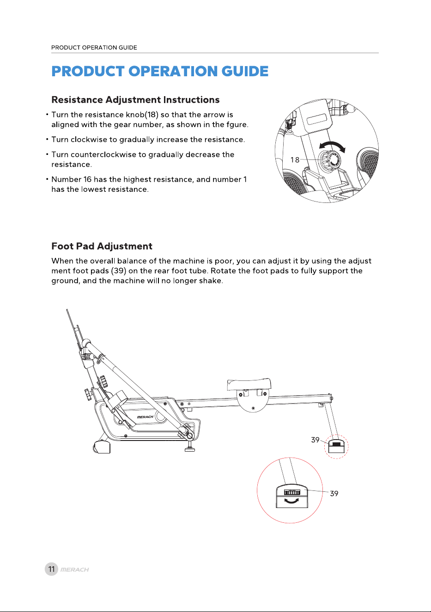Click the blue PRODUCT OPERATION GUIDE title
[x=160, y=71]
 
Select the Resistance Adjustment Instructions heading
[x=135, y=100]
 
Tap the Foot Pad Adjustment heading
[x=102, y=246]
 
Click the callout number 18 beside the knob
[x=295, y=160]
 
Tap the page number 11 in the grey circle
[x=51, y=569]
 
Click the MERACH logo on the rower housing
[x=145, y=417]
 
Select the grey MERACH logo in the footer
[x=74, y=569]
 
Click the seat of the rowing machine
[x=249, y=384]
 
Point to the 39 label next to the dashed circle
[x=315, y=440]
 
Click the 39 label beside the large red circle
[x=334, y=493]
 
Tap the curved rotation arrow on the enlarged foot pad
[x=291, y=501]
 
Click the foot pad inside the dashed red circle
[x=336, y=446]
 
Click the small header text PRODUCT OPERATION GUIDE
[x=94, y=48]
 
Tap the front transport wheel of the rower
[x=101, y=447]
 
